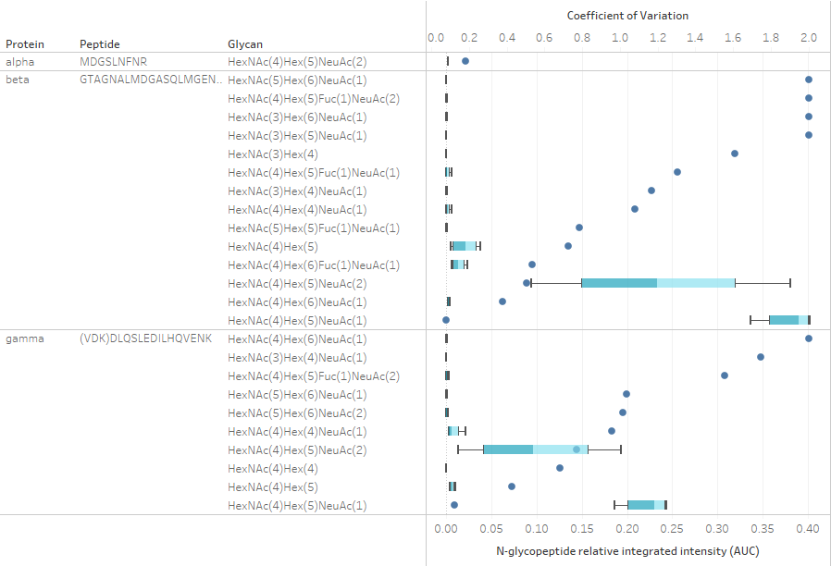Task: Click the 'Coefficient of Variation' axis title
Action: point(627,16)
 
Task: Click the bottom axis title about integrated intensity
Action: point(626,552)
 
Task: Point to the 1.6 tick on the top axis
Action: point(733,38)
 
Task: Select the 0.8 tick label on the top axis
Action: point(582,38)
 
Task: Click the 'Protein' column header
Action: point(25,43)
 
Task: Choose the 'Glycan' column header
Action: point(245,43)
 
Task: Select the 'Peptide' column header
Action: point(99,43)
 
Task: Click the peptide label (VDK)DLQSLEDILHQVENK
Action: point(145,338)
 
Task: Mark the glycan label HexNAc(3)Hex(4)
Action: point(272,154)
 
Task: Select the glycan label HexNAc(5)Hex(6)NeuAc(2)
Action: point(296,412)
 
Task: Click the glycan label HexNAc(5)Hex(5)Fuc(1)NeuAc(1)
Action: point(314,228)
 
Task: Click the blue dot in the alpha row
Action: point(465,61)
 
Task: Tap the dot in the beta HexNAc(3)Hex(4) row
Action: point(735,154)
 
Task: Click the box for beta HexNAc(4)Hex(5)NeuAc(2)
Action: point(658,283)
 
